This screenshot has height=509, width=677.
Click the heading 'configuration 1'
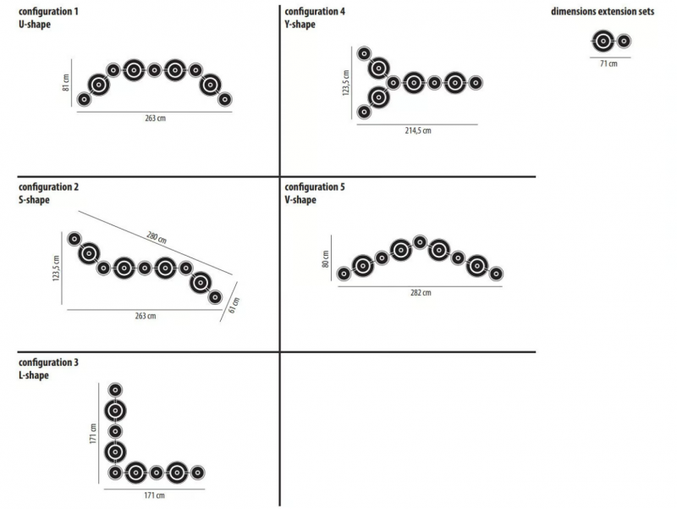pyautogui.click(x=48, y=11)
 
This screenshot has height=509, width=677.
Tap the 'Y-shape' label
pyautogui.click(x=300, y=25)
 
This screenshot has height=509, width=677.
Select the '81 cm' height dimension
pyautogui.click(x=66, y=82)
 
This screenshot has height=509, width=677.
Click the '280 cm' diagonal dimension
pyautogui.click(x=157, y=238)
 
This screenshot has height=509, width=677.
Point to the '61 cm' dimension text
pyautogui.click(x=234, y=305)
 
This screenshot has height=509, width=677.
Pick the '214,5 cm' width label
pyautogui.click(x=417, y=130)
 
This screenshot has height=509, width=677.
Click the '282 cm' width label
pyautogui.click(x=421, y=292)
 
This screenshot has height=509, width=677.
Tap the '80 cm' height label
pyautogui.click(x=326, y=259)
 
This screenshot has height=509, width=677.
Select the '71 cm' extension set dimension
pyautogui.click(x=608, y=64)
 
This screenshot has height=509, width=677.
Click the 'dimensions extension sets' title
pyautogui.click(x=603, y=11)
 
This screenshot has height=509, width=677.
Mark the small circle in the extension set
pyautogui.click(x=623, y=41)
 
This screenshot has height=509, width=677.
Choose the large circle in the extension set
pyautogui.click(x=603, y=41)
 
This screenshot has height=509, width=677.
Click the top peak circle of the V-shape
pyautogui.click(x=420, y=242)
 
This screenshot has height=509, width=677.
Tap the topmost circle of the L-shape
pyautogui.click(x=115, y=390)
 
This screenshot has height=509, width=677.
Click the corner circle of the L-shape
pyautogui.click(x=115, y=473)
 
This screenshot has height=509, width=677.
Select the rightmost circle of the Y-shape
pyautogui.click(x=476, y=82)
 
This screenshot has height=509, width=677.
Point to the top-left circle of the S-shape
pyautogui.click(x=74, y=239)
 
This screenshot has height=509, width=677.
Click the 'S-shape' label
pyautogui.click(x=34, y=200)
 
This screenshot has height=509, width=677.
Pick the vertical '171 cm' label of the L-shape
pyautogui.click(x=93, y=433)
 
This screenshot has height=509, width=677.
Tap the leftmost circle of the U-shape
pyautogui.click(x=84, y=99)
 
